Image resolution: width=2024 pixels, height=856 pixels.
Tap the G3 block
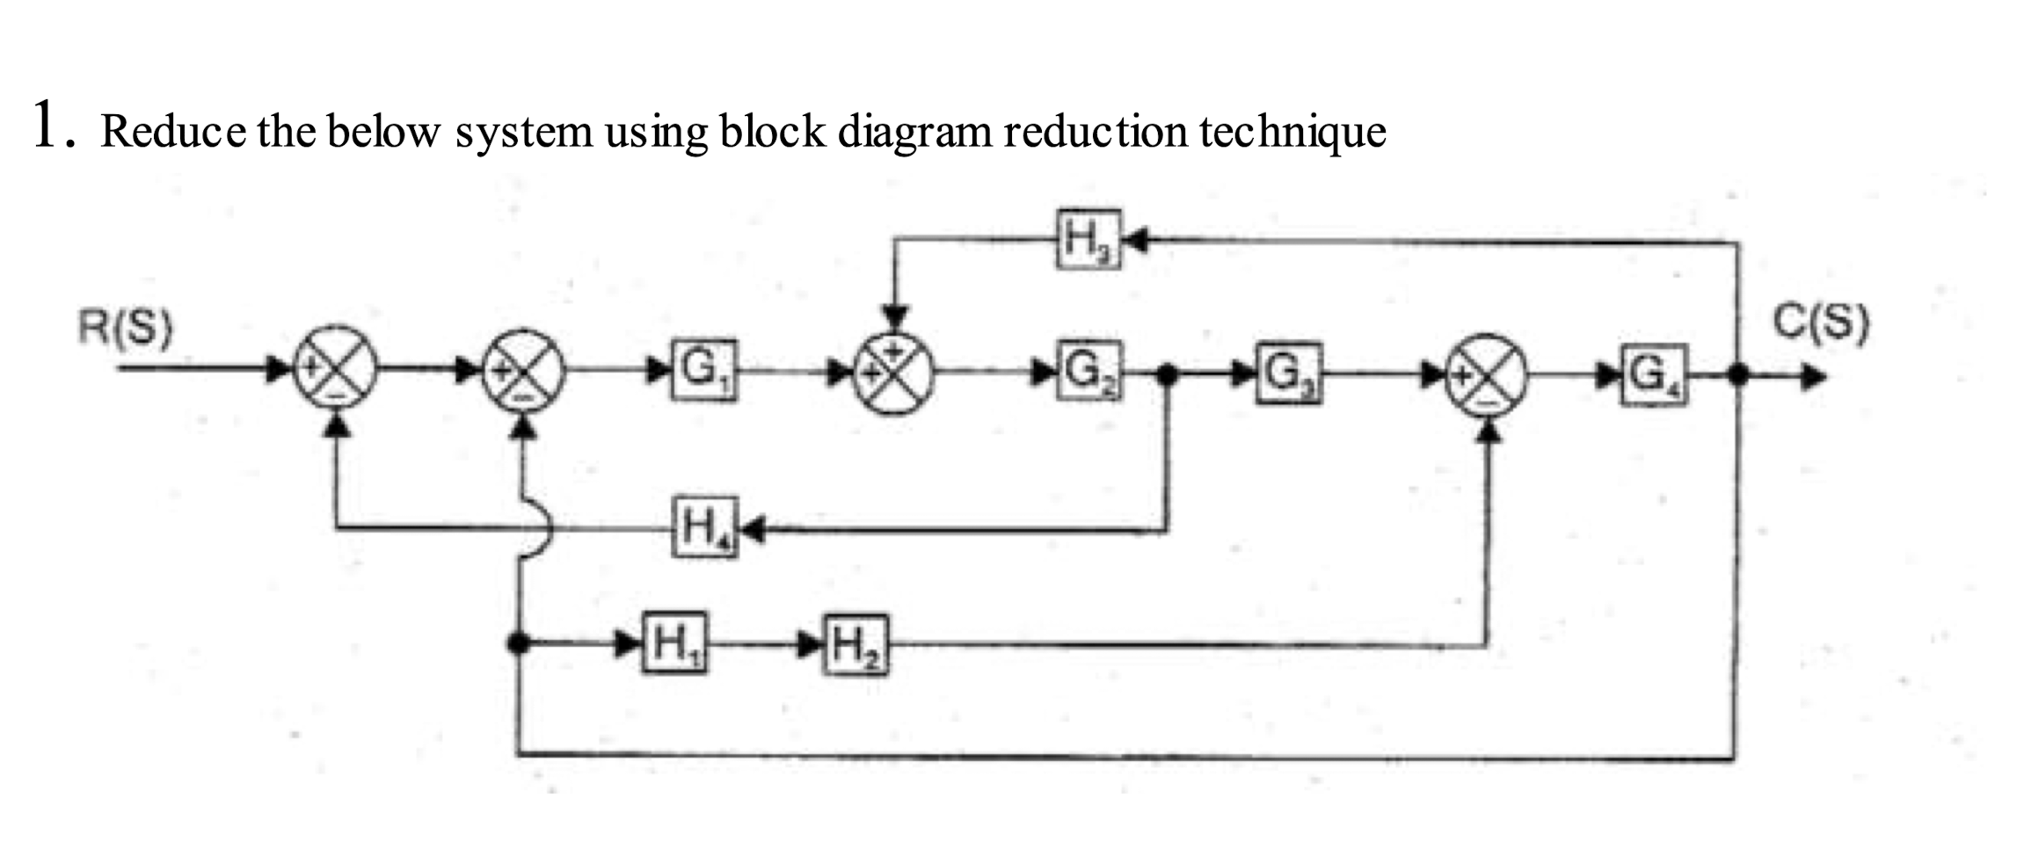click(x=1288, y=373)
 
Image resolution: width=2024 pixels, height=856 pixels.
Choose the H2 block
click(x=855, y=645)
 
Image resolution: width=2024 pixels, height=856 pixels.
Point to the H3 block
click(x=1089, y=238)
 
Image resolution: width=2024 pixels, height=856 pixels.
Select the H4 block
click(x=704, y=527)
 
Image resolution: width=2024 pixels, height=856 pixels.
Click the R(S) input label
click(x=125, y=328)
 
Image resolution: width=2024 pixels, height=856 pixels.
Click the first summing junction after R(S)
click(x=334, y=368)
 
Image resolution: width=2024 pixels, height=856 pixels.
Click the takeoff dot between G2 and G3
click(x=1166, y=374)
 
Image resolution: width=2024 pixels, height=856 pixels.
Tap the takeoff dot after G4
click(x=1736, y=376)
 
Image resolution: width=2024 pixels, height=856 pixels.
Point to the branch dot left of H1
click(x=520, y=643)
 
